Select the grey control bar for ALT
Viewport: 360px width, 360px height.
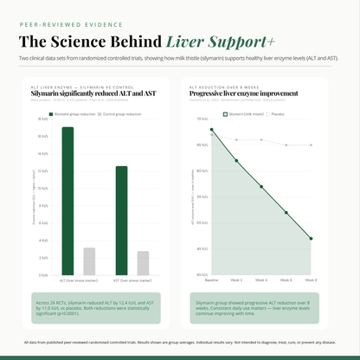[89, 260]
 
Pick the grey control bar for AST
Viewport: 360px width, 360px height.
[143, 263]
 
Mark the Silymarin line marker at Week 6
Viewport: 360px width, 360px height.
[286, 212]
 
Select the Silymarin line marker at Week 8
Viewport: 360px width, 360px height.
[312, 238]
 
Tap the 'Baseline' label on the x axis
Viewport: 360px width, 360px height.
[211, 280]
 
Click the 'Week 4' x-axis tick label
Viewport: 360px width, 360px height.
[261, 280]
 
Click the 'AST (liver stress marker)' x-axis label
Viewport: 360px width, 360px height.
[132, 280]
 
